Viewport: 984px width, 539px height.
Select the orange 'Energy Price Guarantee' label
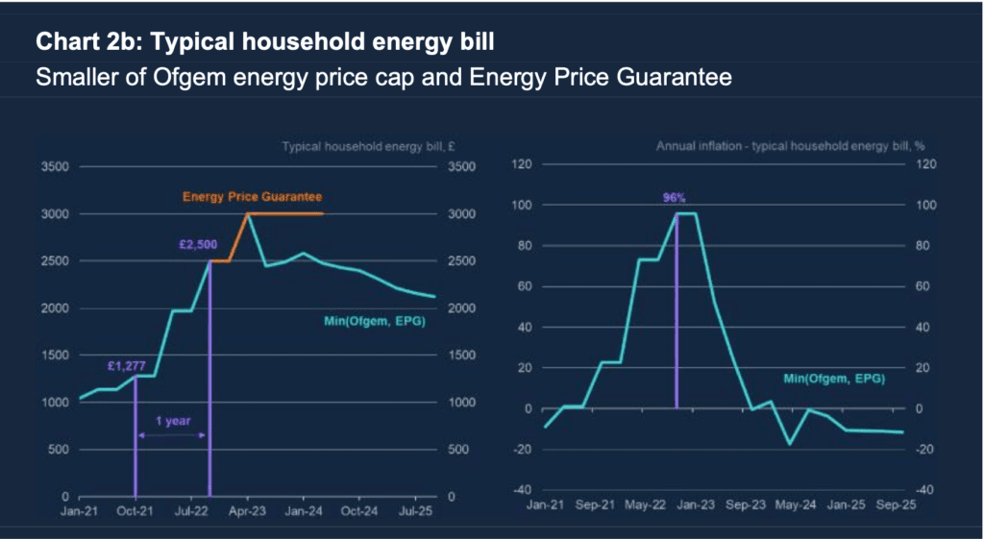[253, 196]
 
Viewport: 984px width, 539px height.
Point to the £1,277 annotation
[127, 364]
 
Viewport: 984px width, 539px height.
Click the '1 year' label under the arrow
[172, 420]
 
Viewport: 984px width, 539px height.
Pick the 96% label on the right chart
[675, 198]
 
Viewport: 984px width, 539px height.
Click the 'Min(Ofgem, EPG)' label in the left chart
[376, 320]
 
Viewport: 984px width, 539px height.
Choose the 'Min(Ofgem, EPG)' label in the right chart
[835, 380]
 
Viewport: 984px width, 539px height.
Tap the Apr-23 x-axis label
[248, 511]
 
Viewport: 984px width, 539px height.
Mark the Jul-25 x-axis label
[414, 511]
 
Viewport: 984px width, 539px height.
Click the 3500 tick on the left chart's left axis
[54, 167]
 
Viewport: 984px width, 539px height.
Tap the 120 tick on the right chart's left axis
[523, 164]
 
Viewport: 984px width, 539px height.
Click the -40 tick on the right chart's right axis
[919, 490]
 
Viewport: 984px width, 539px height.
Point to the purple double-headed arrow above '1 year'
[172, 435]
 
